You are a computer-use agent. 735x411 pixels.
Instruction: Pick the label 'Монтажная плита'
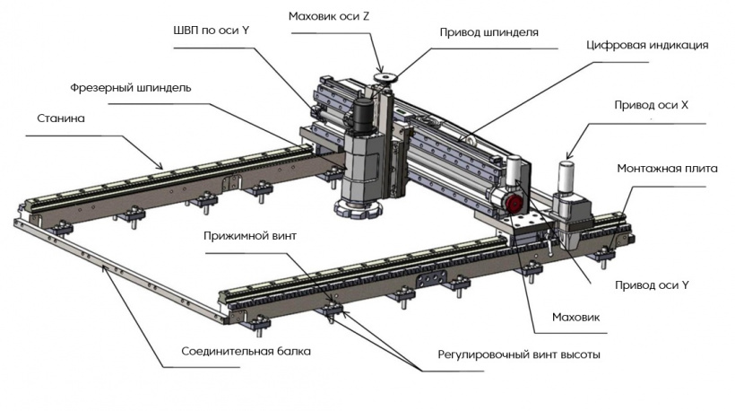[661, 168]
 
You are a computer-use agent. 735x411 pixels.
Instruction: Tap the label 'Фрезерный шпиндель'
[131, 89]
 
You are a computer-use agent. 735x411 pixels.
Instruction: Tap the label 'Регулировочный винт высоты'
[519, 354]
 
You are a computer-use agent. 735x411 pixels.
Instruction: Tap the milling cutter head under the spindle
[359, 207]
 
